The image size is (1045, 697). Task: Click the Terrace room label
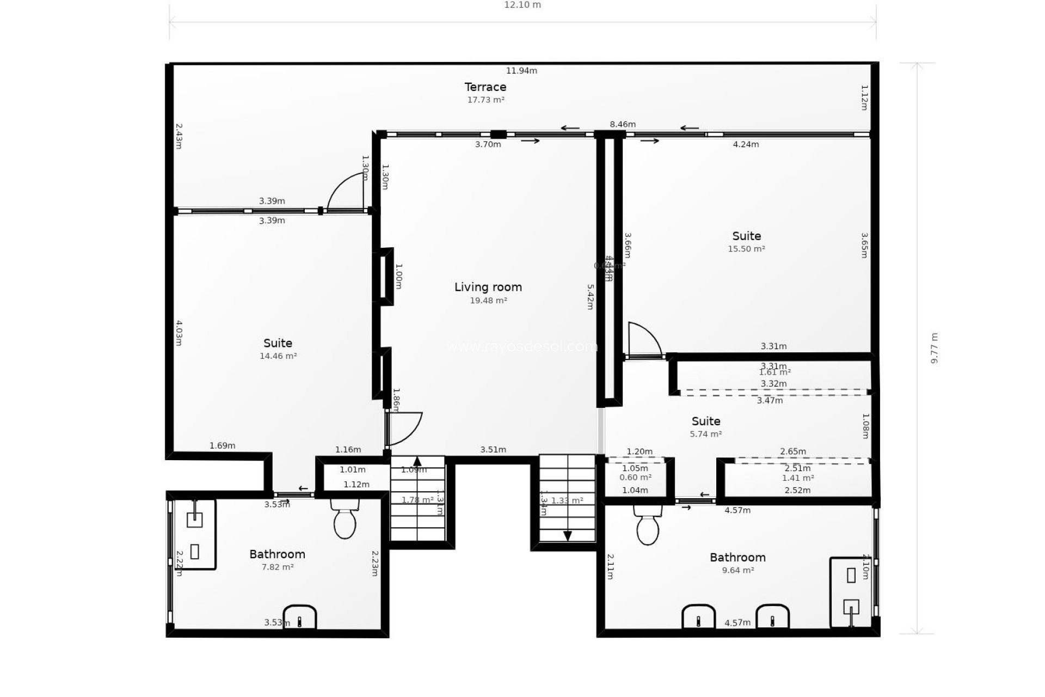point(485,87)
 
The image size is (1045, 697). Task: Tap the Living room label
point(488,287)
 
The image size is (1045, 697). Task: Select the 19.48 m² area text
point(488,301)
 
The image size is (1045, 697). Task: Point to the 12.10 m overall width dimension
point(522,5)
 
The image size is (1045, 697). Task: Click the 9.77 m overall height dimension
point(935,348)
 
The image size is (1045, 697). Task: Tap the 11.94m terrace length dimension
point(521,70)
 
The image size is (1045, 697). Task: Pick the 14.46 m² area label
point(278,356)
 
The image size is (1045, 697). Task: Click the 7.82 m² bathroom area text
point(278,567)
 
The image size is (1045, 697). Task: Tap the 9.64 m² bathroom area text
point(737,570)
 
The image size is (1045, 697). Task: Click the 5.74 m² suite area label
point(706,434)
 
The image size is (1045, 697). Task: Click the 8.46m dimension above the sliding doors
point(623,124)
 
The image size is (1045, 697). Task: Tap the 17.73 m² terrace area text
point(485,100)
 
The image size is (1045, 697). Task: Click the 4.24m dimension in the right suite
point(746,144)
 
